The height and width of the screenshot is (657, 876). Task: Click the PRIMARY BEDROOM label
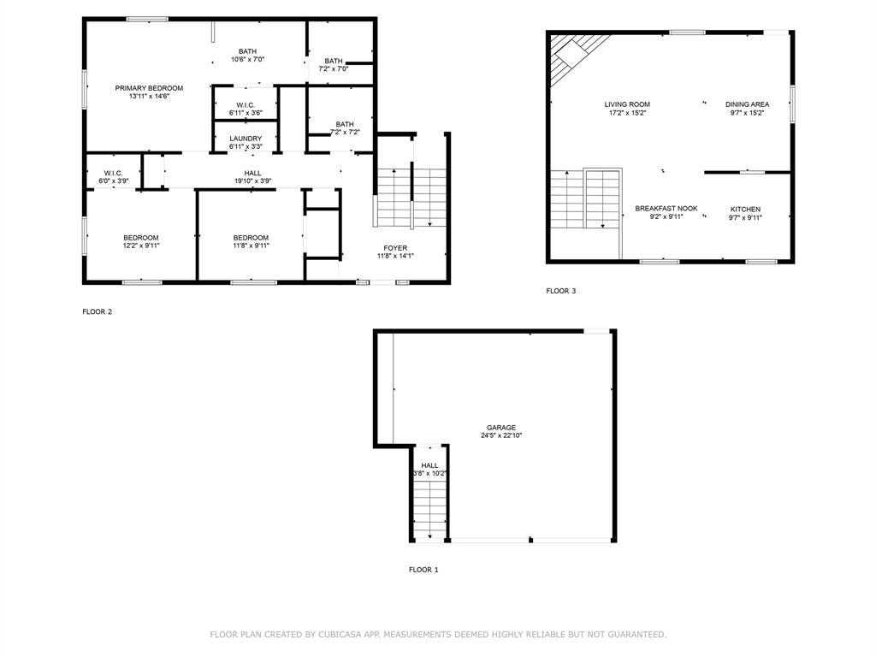coord(149,88)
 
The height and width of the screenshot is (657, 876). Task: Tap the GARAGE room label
coord(501,428)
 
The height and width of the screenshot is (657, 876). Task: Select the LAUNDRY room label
coord(246,139)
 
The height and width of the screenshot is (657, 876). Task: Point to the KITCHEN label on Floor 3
coord(744,210)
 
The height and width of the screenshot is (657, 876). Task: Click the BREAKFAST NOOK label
coord(666,209)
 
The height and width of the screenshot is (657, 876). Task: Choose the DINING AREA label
coord(747,104)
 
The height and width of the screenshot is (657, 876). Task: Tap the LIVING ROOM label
coord(627,104)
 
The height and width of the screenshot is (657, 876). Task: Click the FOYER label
coord(395,247)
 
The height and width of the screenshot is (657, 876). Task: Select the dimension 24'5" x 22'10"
coord(501,436)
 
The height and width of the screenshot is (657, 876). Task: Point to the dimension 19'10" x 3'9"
coord(252,181)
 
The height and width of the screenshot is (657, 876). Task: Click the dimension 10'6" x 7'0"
coord(247,60)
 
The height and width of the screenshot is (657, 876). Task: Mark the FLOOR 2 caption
coord(97,312)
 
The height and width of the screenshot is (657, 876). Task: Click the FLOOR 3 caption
coord(561,292)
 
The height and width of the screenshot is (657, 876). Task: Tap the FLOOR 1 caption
coord(423,570)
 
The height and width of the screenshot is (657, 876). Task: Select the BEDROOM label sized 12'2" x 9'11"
coord(140,238)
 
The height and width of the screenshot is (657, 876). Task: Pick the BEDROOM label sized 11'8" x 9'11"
coord(251,238)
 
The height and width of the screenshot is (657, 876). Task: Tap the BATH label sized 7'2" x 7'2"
coord(345,124)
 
